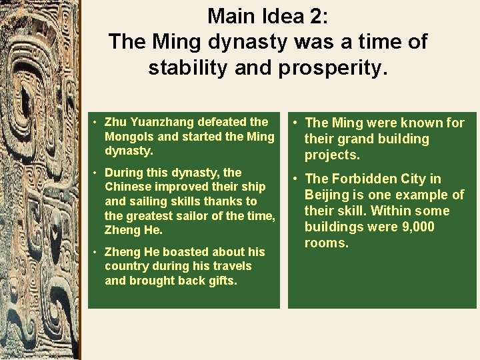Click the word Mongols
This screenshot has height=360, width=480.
click(129, 137)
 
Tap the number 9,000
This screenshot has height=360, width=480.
click(415, 227)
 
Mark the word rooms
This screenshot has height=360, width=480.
click(327, 243)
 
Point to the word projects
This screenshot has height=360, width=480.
click(332, 155)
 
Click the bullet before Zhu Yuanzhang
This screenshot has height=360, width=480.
click(96, 123)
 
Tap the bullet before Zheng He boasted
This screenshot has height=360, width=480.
click(96, 253)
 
